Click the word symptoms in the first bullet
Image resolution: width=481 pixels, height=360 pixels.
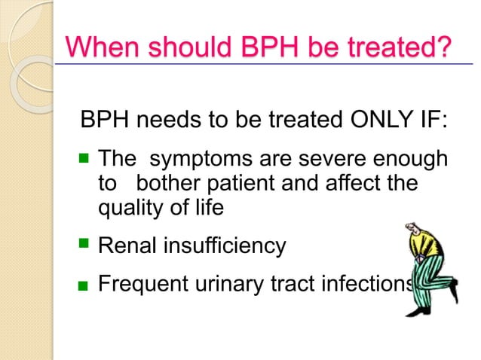[199, 160]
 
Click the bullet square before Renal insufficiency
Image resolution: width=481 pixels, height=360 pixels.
[85, 244]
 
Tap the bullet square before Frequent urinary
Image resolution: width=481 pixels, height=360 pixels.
[86, 286]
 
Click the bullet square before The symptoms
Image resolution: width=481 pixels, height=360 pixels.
[85, 159]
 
